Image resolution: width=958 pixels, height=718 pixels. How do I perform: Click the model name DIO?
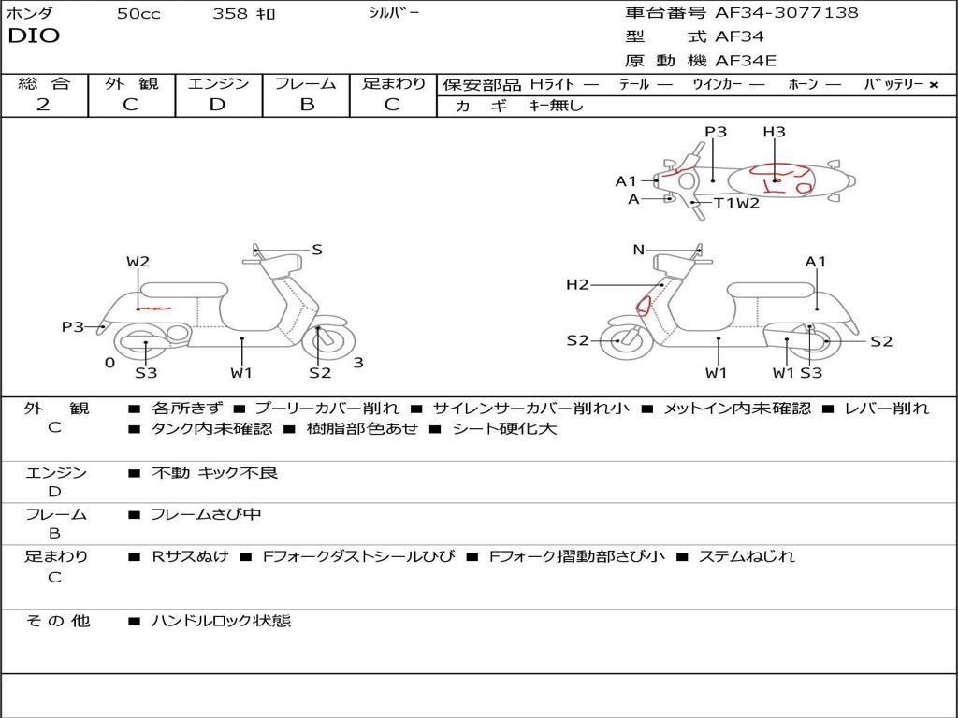[34, 36]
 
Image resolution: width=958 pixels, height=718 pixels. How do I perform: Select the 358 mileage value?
[230, 14]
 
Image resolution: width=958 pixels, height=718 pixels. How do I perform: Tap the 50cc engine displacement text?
[138, 14]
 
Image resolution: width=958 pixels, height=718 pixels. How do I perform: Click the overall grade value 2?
[43, 105]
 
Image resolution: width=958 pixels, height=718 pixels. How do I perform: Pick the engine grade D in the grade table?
[217, 105]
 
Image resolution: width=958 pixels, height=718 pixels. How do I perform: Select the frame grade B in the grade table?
[307, 105]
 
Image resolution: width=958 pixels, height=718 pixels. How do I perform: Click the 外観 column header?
[131, 83]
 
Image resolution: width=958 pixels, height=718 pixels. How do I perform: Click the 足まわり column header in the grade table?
[393, 83]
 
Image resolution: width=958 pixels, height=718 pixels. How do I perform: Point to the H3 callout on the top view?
[774, 132]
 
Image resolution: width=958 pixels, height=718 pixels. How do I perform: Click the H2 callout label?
[577, 284]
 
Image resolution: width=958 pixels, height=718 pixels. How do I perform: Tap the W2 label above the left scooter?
[138, 262]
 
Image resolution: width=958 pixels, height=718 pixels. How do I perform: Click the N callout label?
[639, 250]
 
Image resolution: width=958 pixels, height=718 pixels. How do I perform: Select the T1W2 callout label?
[736, 203]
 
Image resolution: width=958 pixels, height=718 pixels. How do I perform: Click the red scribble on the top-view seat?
[781, 178]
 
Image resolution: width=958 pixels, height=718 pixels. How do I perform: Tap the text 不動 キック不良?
[214, 473]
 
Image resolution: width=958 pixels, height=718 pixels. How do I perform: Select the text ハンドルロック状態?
[221, 620]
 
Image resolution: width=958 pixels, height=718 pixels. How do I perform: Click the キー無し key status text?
[556, 106]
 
